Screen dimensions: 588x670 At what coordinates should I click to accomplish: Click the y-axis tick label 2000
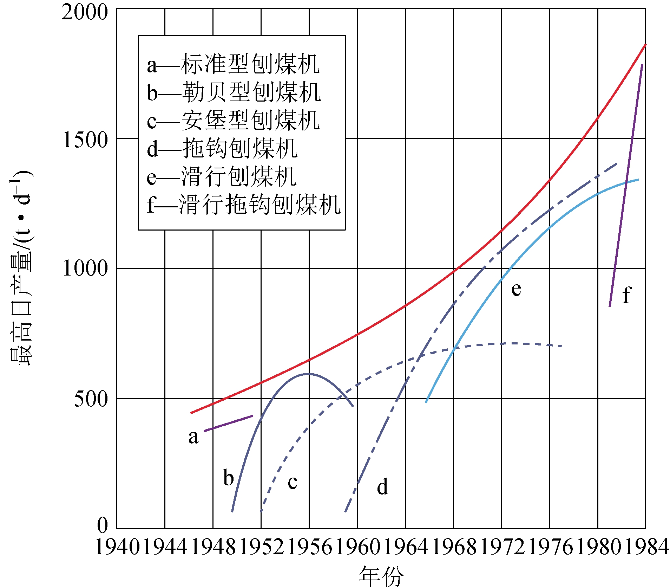point(84,13)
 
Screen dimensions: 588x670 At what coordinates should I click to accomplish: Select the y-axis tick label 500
point(91,399)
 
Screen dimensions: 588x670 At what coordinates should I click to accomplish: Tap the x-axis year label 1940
point(117,547)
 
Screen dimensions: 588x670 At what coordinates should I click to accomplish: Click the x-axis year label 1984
point(646,547)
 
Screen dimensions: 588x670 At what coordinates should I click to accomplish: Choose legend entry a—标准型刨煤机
point(233,65)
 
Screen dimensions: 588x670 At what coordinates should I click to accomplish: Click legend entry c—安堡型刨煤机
point(233,121)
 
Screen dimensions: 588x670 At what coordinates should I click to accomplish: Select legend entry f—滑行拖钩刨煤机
point(244,204)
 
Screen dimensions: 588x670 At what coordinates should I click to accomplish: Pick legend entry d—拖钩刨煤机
point(222,148)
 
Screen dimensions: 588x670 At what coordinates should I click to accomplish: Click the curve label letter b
point(229,477)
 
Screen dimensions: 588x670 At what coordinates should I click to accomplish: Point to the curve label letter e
point(516,289)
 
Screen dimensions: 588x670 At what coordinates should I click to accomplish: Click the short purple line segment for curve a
point(228,423)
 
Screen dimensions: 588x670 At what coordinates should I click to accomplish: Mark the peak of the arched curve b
point(308,374)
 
